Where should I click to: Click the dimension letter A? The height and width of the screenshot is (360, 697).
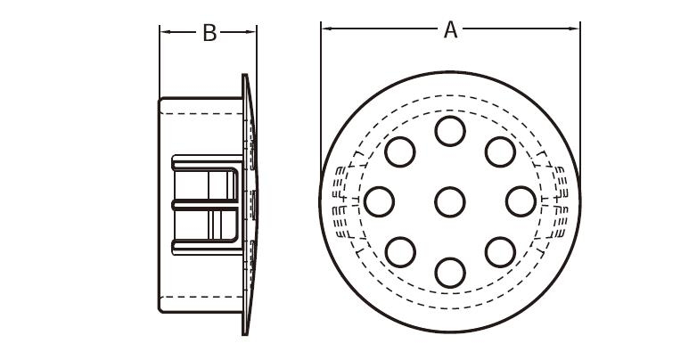click(x=450, y=30)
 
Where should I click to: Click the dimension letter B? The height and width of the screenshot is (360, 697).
click(x=209, y=33)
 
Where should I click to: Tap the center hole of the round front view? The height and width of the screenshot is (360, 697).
click(x=450, y=201)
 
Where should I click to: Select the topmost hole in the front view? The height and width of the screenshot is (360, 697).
click(x=450, y=131)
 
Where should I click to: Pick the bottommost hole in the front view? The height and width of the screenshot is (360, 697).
click(x=450, y=272)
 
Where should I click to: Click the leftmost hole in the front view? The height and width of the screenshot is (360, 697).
click(x=380, y=201)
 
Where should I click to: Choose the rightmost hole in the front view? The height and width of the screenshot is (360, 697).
click(x=521, y=201)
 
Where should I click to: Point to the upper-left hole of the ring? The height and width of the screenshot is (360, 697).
click(x=400, y=151)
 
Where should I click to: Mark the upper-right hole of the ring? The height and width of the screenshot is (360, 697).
click(x=500, y=151)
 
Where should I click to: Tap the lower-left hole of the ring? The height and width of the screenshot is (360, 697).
click(x=400, y=251)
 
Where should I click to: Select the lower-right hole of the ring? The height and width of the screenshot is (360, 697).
click(x=500, y=251)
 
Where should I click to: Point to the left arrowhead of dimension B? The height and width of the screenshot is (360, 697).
click(x=164, y=33)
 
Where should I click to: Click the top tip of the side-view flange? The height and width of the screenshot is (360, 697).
click(x=245, y=77)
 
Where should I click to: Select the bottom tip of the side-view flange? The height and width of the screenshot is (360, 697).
click(x=245, y=332)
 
